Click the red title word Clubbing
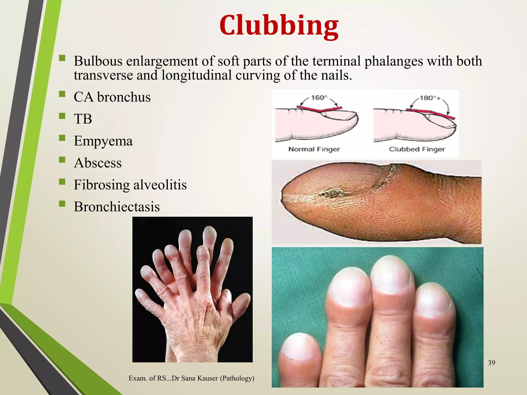tap(279, 26)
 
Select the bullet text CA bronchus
tap(112, 97)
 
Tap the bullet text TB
tap(83, 119)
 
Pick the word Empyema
tap(103, 141)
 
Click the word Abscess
tap(98, 163)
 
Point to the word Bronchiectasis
tap(117, 207)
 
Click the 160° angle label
tap(319, 98)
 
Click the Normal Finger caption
tap(314, 149)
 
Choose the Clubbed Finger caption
tap(417, 149)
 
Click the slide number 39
tap(491, 363)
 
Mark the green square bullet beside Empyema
tap(62, 138)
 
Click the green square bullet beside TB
tap(62, 116)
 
